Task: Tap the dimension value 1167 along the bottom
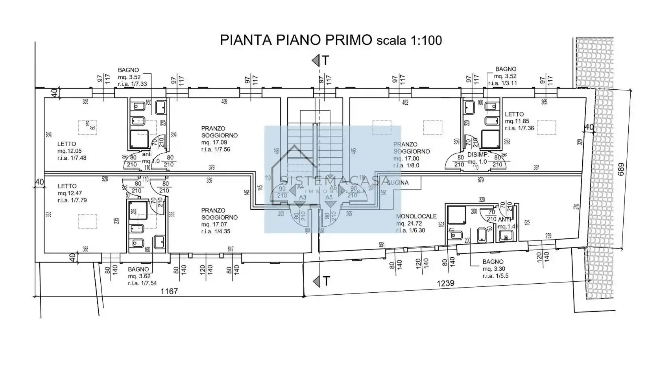coord(169,292)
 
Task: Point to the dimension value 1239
coord(446,283)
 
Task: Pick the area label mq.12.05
coord(70,151)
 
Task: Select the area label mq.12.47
coord(70,193)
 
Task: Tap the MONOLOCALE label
coord(416,216)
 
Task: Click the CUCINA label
coord(397,183)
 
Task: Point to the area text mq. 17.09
coord(214,142)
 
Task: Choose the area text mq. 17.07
coord(214,225)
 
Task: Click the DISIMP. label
coord(478,155)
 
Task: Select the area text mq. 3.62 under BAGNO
coord(139,277)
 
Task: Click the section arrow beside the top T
coord(315,61)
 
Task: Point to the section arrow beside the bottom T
coord(315,281)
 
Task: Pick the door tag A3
coord(303,198)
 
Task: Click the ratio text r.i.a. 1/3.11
coord(502,83)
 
